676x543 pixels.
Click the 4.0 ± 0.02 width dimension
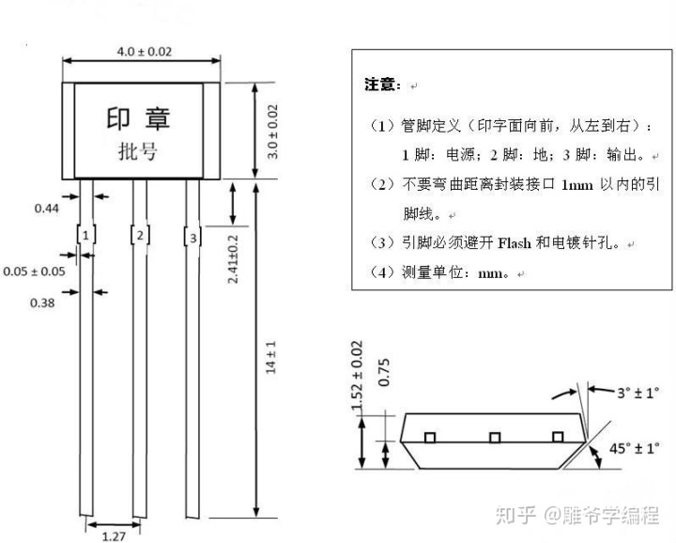pyautogui.click(x=145, y=52)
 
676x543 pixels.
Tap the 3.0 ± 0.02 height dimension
pyautogui.click(x=272, y=132)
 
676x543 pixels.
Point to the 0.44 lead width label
pyautogui.click(x=47, y=209)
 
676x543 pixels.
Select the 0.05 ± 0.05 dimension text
pyautogui.click(x=34, y=271)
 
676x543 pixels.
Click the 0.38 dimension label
pyautogui.click(x=42, y=303)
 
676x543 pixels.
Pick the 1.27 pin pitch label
pyautogui.click(x=114, y=536)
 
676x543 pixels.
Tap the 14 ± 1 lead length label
pyautogui.click(x=270, y=358)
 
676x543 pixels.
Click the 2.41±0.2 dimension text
pyautogui.click(x=233, y=259)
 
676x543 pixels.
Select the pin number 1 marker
pyautogui.click(x=85, y=236)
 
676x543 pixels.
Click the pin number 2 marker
pyautogui.click(x=140, y=236)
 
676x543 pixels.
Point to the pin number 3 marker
pyautogui.click(x=193, y=238)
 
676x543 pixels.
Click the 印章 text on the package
pyautogui.click(x=138, y=118)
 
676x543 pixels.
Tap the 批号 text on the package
pyautogui.click(x=138, y=151)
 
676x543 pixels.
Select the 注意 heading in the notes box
pyautogui.click(x=379, y=85)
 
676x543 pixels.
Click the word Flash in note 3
pyautogui.click(x=515, y=243)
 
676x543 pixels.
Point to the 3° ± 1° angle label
pyautogui.click(x=638, y=393)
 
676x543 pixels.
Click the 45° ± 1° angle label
pyautogui.click(x=634, y=448)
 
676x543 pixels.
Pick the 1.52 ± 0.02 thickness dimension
pyautogui.click(x=357, y=376)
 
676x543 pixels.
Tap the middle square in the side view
pyautogui.click(x=495, y=438)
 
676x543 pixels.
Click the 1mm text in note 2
pyautogui.click(x=576, y=185)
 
